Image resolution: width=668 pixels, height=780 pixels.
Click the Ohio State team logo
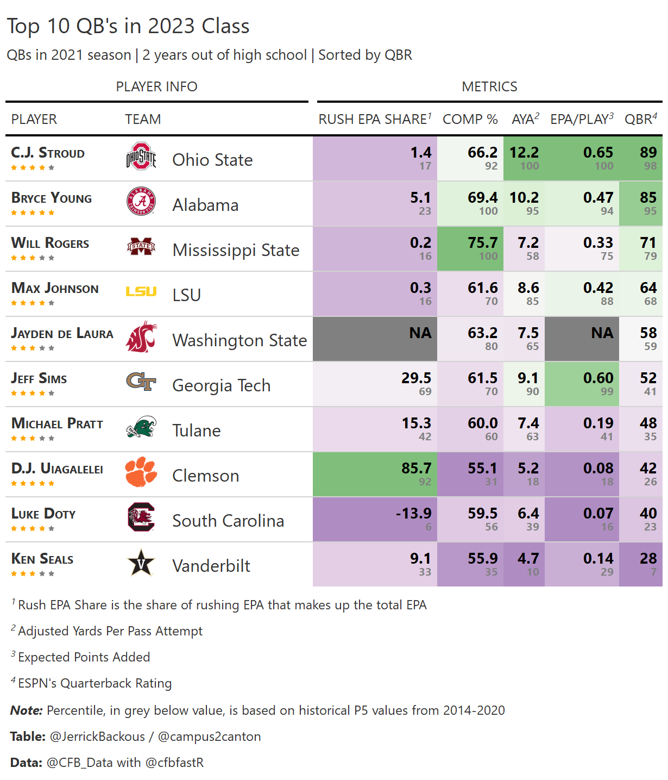point(141,157)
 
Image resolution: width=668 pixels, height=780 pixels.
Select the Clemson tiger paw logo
point(141,472)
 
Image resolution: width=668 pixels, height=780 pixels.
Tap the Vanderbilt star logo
point(141,563)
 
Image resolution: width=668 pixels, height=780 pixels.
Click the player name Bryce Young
point(52,198)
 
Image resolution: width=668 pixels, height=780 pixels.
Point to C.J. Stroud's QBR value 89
point(648,153)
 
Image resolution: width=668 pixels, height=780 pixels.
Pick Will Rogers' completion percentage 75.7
point(482,243)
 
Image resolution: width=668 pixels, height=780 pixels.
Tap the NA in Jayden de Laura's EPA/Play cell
point(602,333)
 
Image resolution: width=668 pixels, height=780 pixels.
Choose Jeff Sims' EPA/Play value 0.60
point(598,378)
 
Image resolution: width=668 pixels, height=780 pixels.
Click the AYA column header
point(525,119)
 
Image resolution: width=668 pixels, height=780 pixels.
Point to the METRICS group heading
point(489,86)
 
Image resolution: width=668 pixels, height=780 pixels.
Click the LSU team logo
point(141,292)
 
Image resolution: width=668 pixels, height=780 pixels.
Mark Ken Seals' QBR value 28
point(648,559)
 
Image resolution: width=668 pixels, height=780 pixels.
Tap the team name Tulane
point(196,430)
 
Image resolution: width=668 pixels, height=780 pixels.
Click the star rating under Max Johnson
point(33,303)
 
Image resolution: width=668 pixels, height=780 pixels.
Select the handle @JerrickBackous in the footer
point(97,737)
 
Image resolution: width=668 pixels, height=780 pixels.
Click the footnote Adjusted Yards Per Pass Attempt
point(110,631)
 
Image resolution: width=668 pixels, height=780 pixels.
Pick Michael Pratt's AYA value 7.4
point(528,423)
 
